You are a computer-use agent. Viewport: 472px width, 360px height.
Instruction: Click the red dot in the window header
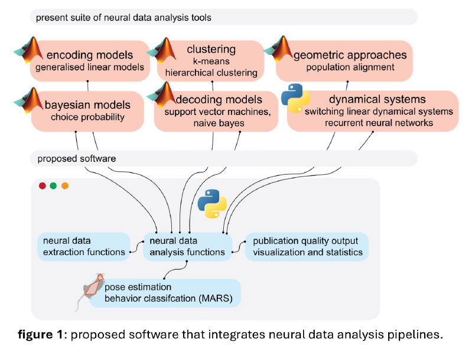coord(43,186)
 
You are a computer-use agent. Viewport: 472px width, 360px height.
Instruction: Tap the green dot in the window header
coord(54,186)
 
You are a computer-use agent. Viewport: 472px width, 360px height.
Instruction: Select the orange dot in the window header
coord(65,186)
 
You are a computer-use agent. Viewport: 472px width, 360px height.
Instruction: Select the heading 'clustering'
coord(211,49)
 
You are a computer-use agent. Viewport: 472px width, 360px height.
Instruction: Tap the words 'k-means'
coord(211,61)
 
